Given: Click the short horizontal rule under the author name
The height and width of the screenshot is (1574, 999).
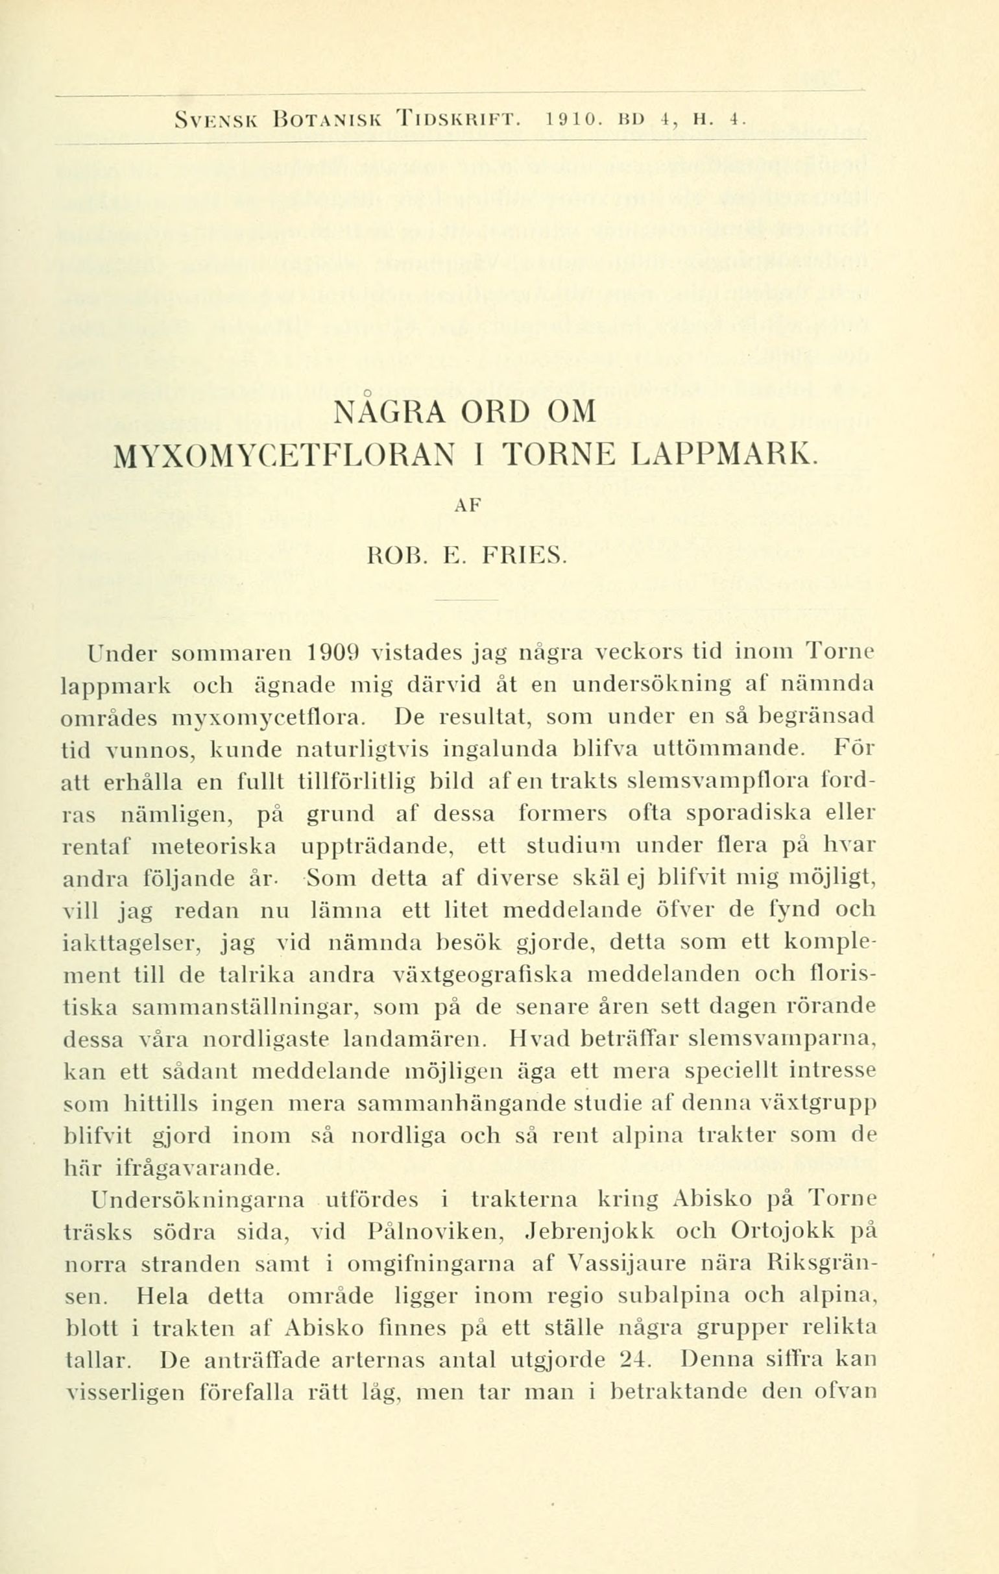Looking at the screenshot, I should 466,598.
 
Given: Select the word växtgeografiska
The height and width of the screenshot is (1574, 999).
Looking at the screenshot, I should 483,976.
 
